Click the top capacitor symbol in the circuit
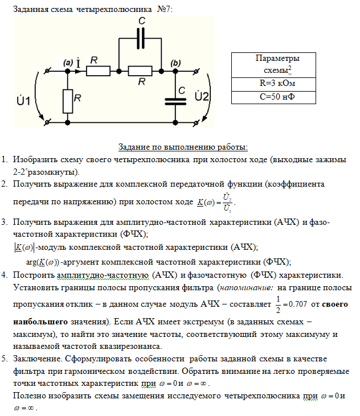click(141, 40)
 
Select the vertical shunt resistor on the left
click(68, 100)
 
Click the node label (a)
click(67, 61)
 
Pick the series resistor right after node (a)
click(99, 71)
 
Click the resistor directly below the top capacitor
click(141, 71)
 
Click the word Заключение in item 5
click(37, 360)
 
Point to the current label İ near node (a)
click(78, 61)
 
